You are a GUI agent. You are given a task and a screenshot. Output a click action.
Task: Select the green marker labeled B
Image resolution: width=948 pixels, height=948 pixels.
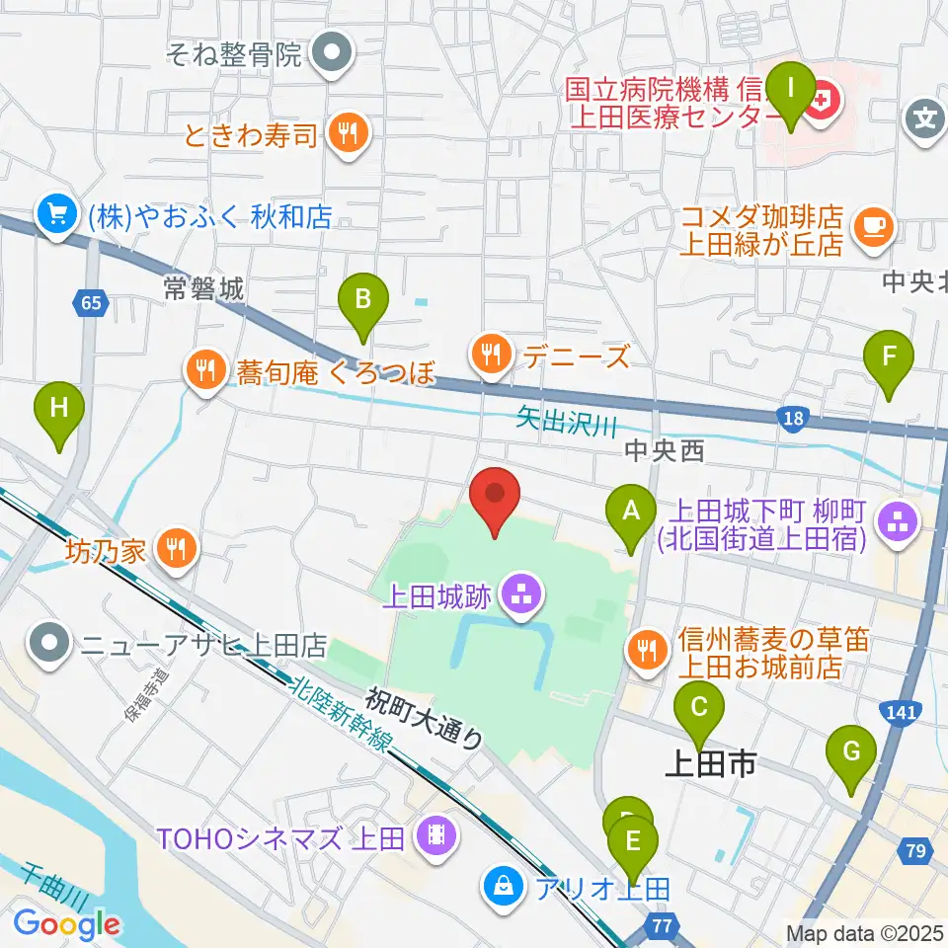click(363, 308)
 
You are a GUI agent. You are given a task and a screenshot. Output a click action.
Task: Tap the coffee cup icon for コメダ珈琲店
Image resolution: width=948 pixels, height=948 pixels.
click(872, 226)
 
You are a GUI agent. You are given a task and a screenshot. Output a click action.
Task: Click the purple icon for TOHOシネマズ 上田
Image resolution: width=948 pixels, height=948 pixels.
click(434, 837)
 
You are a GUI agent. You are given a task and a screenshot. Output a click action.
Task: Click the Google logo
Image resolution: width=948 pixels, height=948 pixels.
click(66, 924)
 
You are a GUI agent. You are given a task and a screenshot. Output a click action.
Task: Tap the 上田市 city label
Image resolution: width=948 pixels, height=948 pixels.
click(710, 763)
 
